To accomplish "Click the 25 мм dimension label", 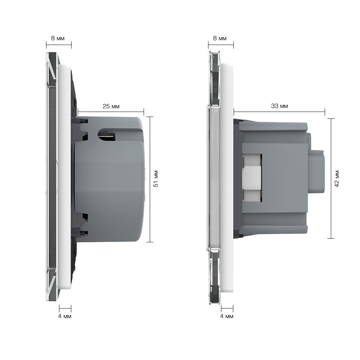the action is click(x=111, y=107).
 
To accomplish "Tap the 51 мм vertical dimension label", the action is click(x=156, y=179).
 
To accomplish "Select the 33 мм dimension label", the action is click(x=279, y=106).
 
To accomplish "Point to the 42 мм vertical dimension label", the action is click(x=337, y=179).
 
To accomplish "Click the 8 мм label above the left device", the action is click(x=58, y=39).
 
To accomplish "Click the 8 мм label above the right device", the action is click(x=220, y=39).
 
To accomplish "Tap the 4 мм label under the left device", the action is click(x=64, y=316).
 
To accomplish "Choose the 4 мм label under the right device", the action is click(x=226, y=316).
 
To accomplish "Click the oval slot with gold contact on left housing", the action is click(x=107, y=135).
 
